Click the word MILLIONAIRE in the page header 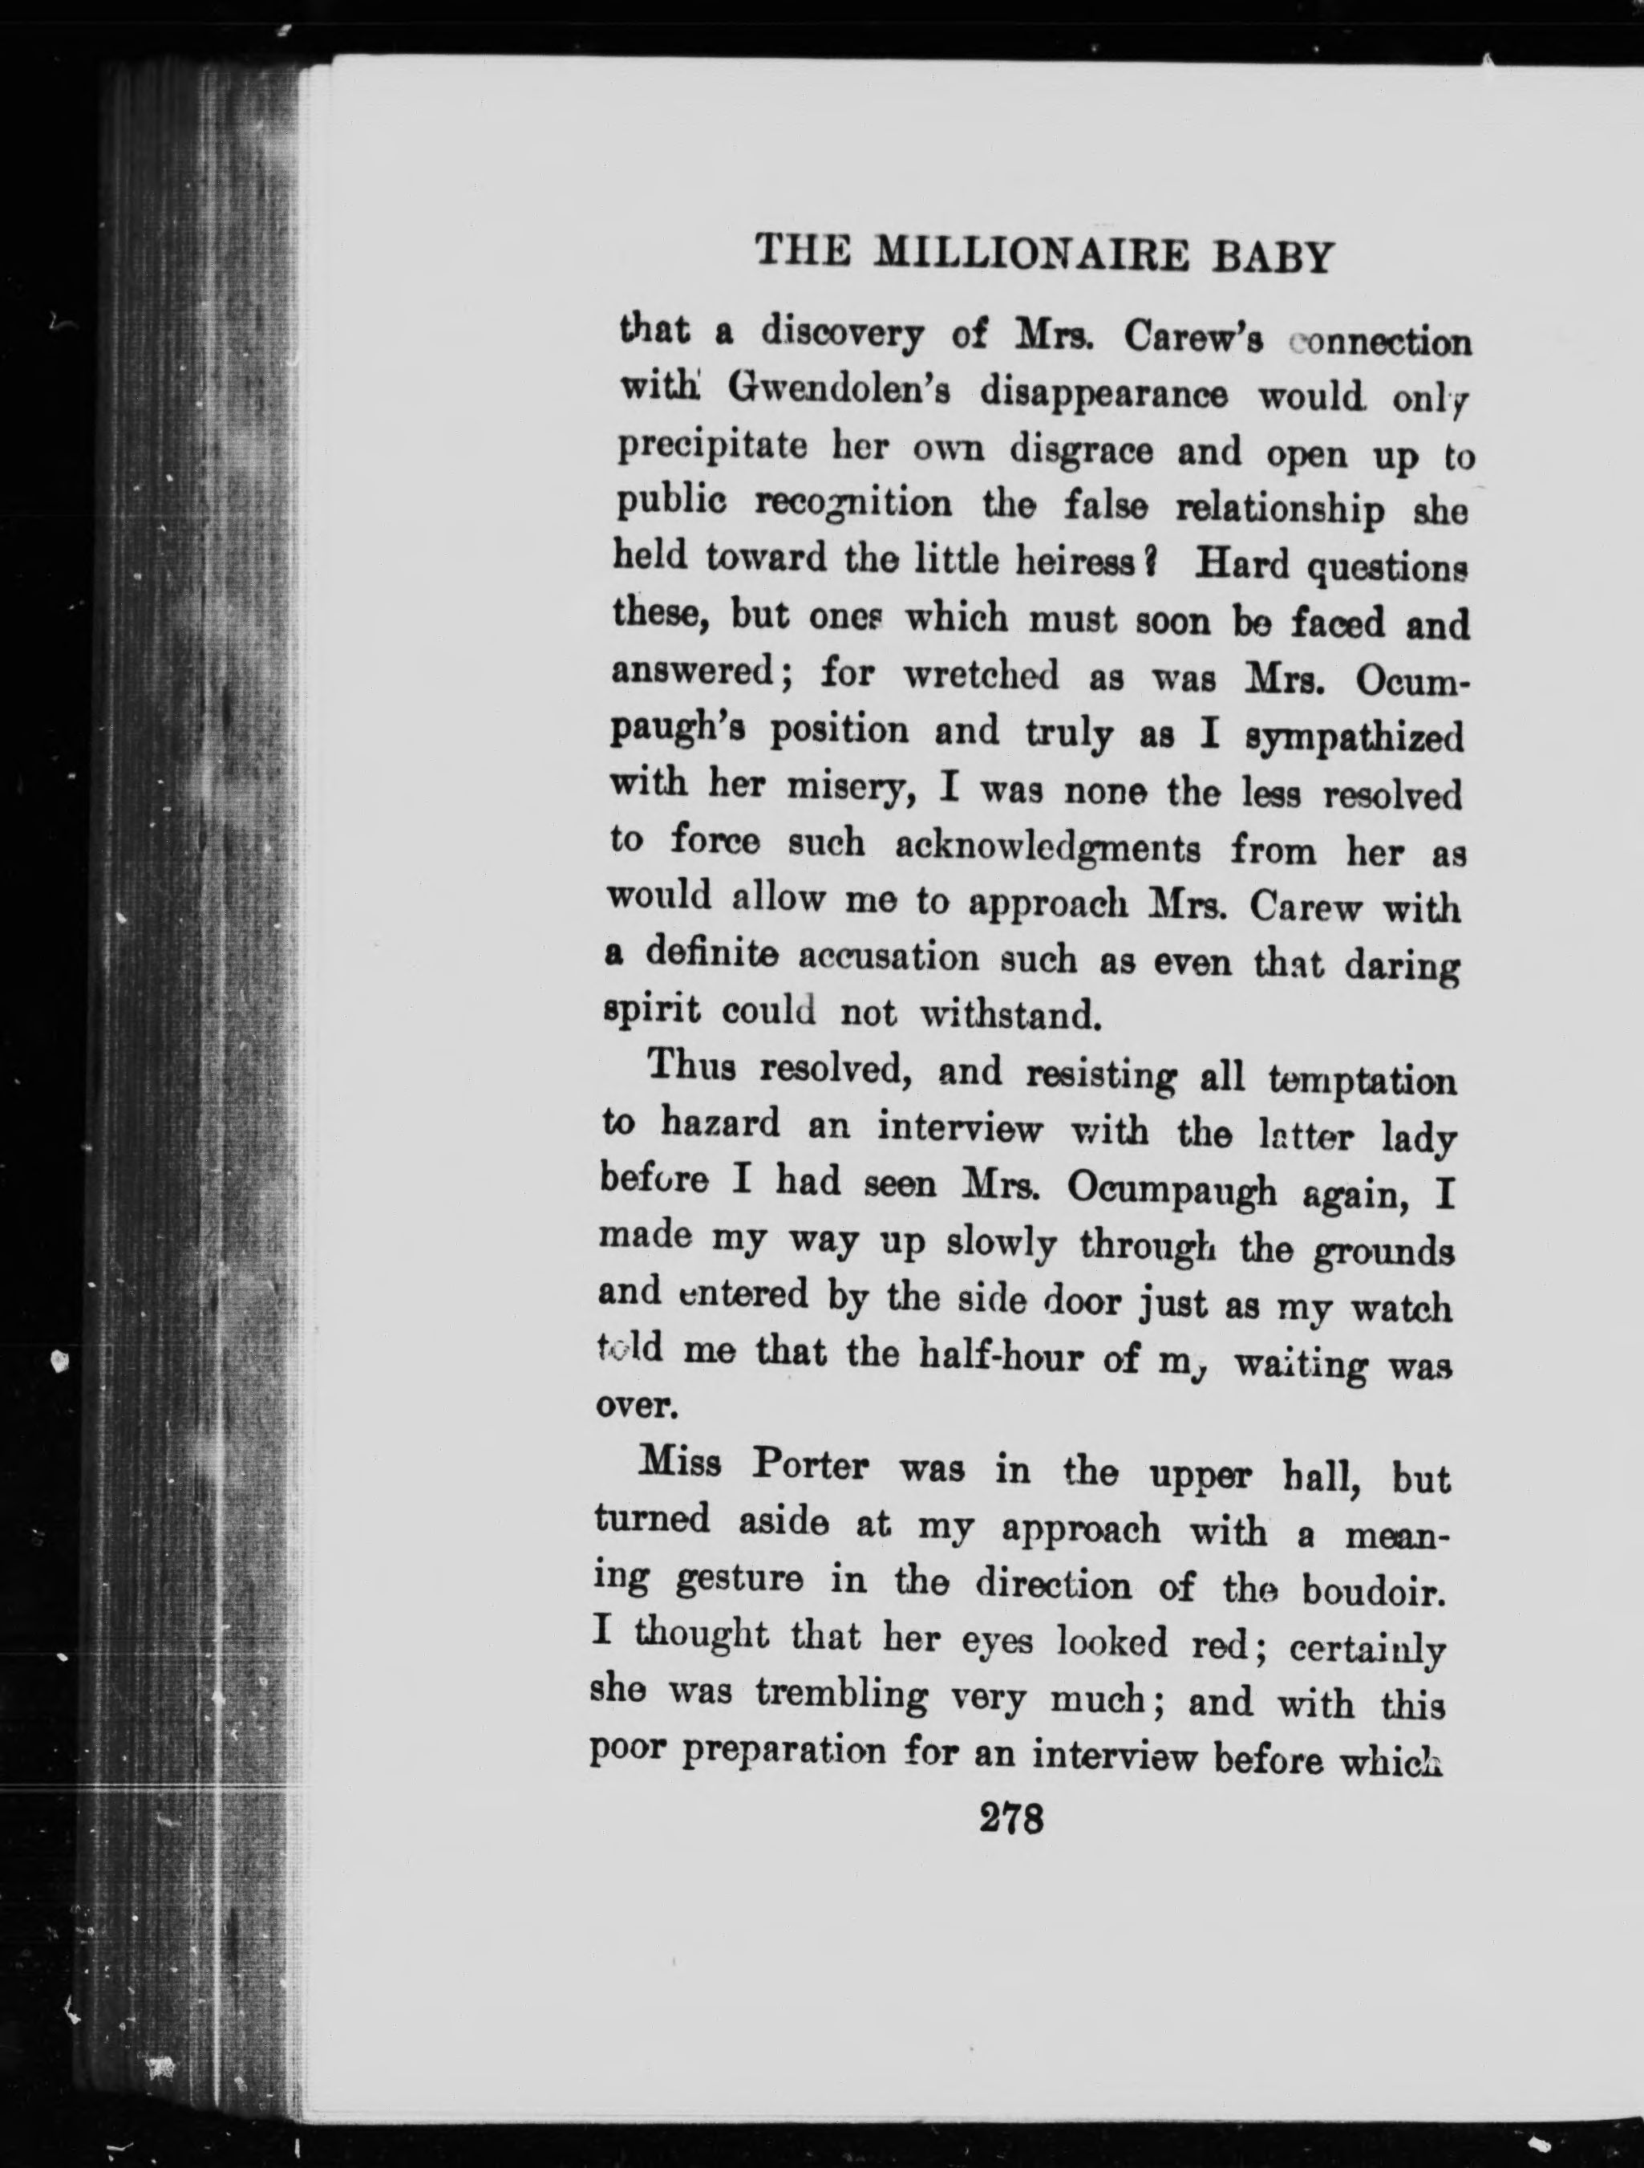[1031, 256]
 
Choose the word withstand [1008, 1014]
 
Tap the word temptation [1362, 1081]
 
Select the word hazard [720, 1123]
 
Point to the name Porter [809, 1468]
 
